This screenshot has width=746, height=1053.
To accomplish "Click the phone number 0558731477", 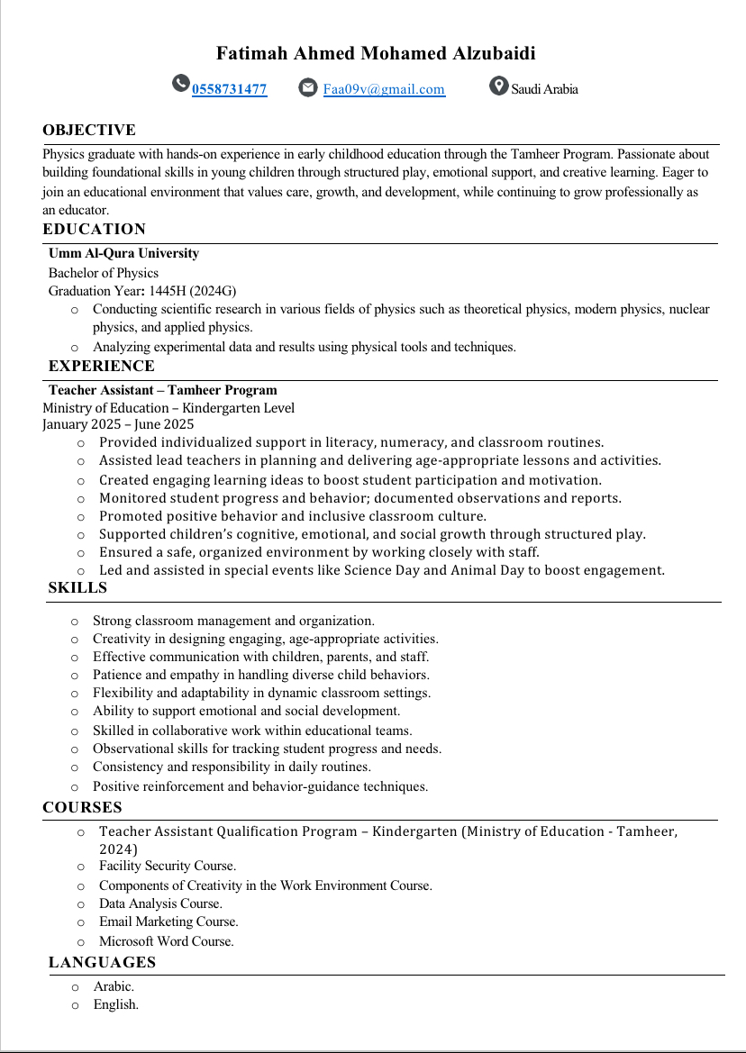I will tap(229, 89).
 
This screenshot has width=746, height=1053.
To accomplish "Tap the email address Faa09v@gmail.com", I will tap(384, 89).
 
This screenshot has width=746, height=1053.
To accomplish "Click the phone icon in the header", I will tap(181, 84).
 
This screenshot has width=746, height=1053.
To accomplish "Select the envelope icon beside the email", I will tap(308, 87).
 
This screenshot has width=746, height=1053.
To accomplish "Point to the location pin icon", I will tap(498, 86).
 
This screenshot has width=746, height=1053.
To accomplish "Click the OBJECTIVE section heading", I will tap(89, 131).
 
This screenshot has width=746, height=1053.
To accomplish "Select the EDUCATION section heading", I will tap(94, 230).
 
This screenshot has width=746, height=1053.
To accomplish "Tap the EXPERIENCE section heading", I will tap(101, 366).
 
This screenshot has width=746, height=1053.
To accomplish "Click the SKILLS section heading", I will tap(77, 588).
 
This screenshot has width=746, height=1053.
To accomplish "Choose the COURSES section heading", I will tap(82, 807).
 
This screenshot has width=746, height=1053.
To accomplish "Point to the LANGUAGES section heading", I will tap(102, 962).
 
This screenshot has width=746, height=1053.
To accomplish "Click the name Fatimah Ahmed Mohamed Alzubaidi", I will tap(376, 54).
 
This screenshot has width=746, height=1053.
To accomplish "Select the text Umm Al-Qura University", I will tap(123, 253).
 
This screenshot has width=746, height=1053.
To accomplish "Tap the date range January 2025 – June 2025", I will tap(118, 424).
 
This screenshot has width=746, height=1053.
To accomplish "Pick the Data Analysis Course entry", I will tap(160, 903).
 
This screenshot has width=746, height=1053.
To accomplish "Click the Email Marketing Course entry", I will tap(168, 921).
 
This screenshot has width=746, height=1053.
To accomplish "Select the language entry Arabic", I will tap(114, 986).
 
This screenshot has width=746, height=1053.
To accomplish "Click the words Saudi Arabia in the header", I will tap(544, 89).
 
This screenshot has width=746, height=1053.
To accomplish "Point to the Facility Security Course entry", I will tap(168, 866).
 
